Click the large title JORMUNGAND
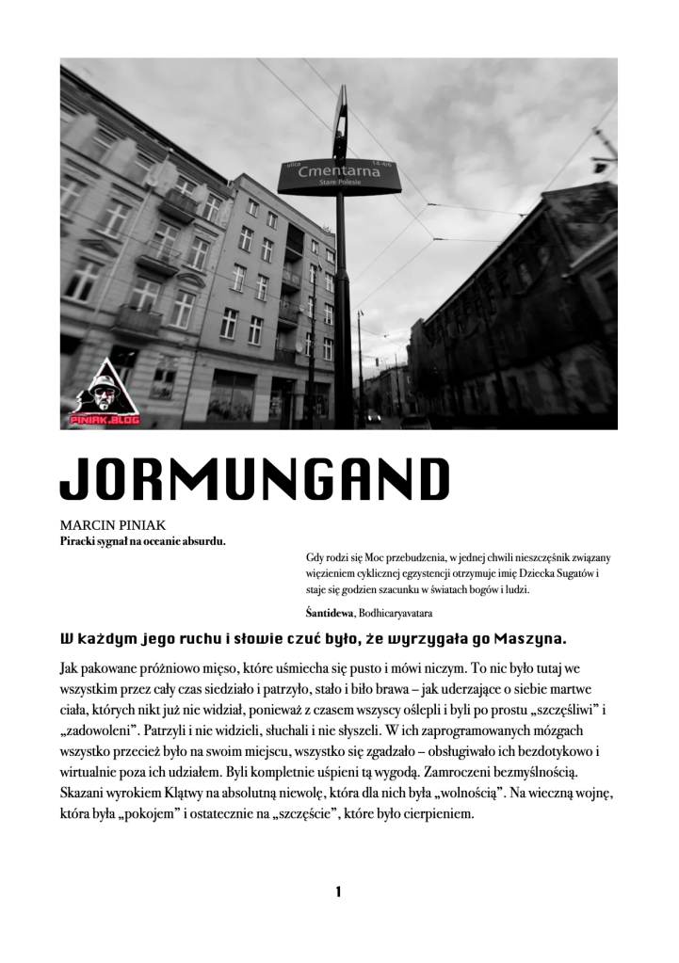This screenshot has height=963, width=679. (x=254, y=480)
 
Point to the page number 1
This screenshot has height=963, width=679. (x=338, y=891)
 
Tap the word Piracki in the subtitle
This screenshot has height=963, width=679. (x=81, y=541)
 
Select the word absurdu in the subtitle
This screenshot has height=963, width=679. (x=204, y=541)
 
